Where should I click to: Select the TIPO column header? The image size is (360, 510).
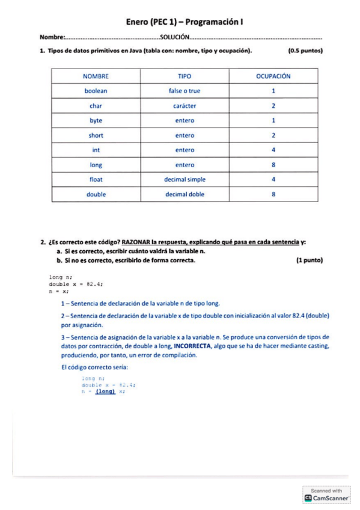[x=185, y=76]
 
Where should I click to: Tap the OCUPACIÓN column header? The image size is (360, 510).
[x=273, y=76]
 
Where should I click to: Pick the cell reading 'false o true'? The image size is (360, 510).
[x=185, y=91]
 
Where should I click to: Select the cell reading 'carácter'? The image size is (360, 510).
[x=185, y=106]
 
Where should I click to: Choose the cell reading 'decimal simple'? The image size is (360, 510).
[x=185, y=179]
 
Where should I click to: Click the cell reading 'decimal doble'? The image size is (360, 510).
[x=185, y=194]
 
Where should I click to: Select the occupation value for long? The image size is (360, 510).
[x=273, y=165]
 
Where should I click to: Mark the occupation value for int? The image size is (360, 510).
[x=273, y=150]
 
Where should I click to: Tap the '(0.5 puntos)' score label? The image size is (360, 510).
[x=305, y=51]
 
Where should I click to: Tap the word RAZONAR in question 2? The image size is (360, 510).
[x=136, y=242]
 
